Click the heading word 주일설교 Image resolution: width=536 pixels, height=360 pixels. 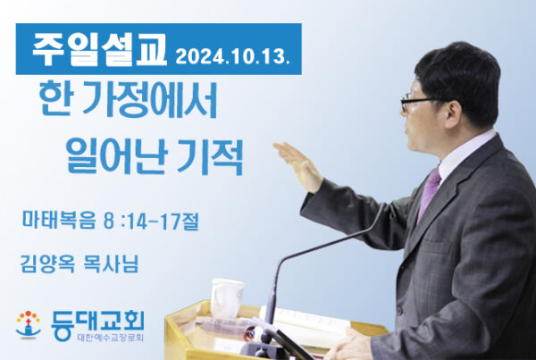tap(100, 50)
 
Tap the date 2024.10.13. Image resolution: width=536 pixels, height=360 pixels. tap(232, 56)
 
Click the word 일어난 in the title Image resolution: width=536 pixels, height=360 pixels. tap(116, 156)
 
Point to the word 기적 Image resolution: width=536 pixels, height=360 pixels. tap(210, 156)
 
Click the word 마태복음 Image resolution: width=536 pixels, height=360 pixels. tap(59, 220)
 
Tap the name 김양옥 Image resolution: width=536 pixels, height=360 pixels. tap(47, 264)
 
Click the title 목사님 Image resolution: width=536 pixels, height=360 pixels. tap(111, 264)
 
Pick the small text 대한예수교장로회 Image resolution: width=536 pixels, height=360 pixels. tap(111, 338)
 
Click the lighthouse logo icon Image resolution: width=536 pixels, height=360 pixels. tap(28, 324)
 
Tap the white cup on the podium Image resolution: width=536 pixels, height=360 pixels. tap(227, 297)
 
